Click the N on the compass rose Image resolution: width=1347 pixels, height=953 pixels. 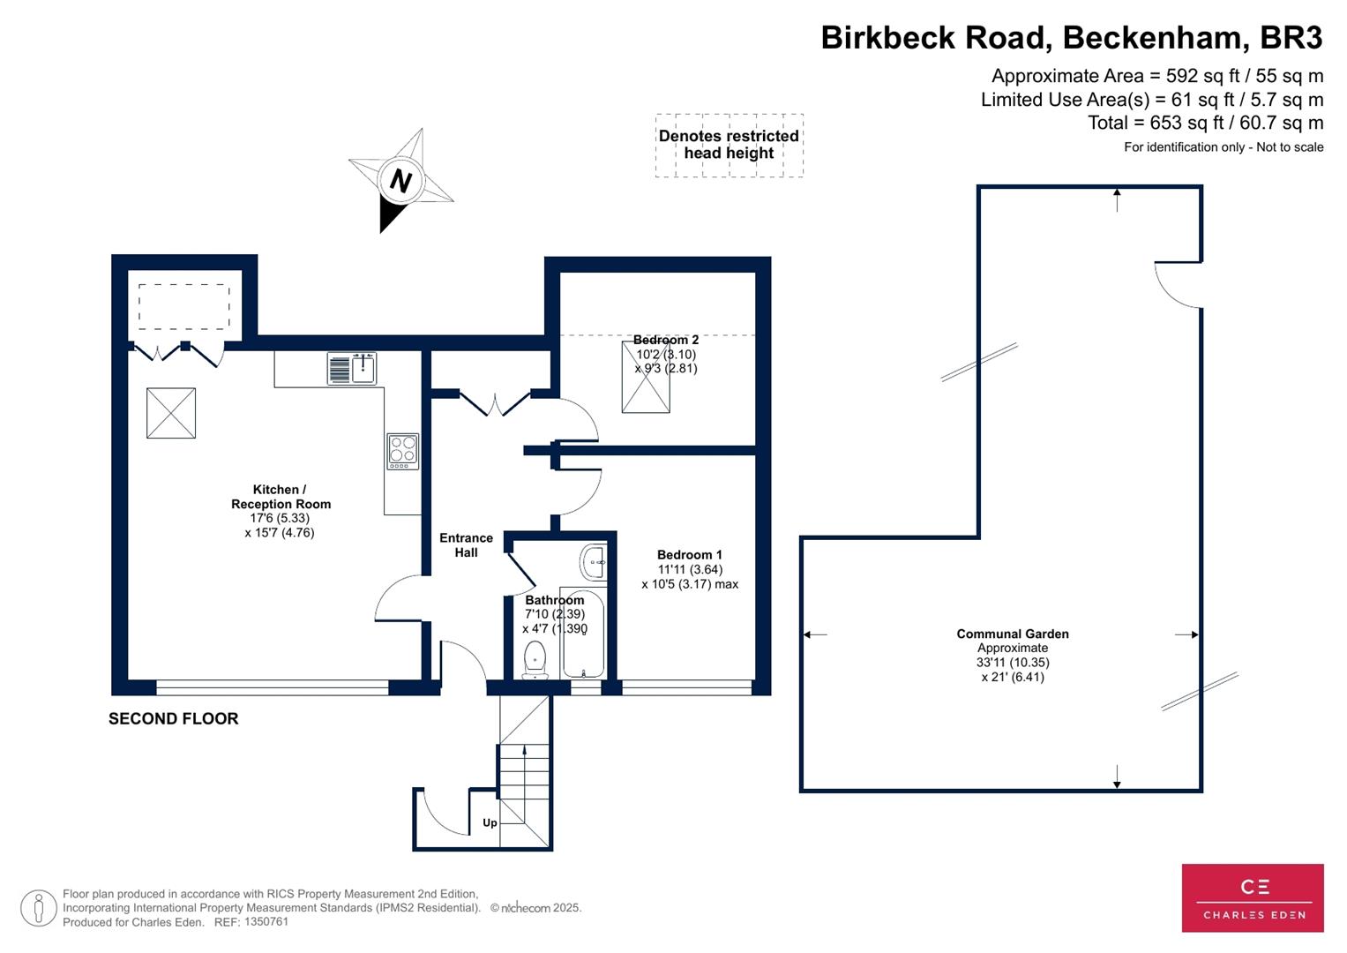pyautogui.click(x=400, y=181)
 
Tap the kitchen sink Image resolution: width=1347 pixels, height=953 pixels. pyautogui.click(x=352, y=368)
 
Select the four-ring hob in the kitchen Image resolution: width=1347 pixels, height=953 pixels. pyautogui.click(x=402, y=451)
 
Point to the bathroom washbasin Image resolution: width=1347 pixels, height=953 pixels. pyautogui.click(x=594, y=561)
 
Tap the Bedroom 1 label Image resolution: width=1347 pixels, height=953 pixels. pyautogui.click(x=689, y=555)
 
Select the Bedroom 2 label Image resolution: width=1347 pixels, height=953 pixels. pyautogui.click(x=666, y=340)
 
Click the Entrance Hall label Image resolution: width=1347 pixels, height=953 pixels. pyautogui.click(x=466, y=545)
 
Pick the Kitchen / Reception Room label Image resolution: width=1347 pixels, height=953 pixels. pyautogui.click(x=281, y=497)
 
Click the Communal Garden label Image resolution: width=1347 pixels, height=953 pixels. pyautogui.click(x=1013, y=634)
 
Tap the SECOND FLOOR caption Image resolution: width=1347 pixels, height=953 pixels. pyautogui.click(x=174, y=718)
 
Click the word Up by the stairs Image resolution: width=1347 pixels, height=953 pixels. pyautogui.click(x=490, y=822)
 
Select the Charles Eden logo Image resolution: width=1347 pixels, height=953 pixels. pyautogui.click(x=1253, y=897)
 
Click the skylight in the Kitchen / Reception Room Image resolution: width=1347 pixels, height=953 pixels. pyautogui.click(x=171, y=413)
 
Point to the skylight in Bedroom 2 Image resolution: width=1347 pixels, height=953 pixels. pyautogui.click(x=646, y=388)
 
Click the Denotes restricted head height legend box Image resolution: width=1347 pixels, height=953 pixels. pyautogui.click(x=729, y=145)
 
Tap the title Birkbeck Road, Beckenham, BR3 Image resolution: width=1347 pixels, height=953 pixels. pyautogui.click(x=1072, y=38)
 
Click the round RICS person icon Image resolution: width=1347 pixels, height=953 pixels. pyautogui.click(x=39, y=908)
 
